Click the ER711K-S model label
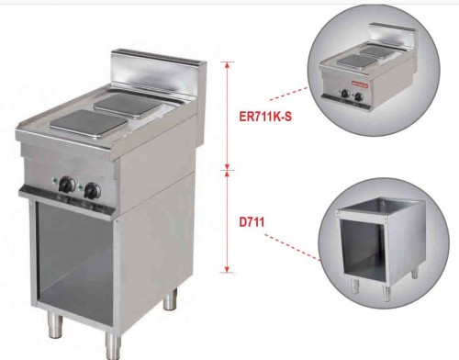(x=265, y=117)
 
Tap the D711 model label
(x=252, y=222)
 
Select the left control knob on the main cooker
(x=67, y=185)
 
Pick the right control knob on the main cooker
(x=93, y=191)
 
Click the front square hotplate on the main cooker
(x=89, y=124)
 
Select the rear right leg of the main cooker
(x=170, y=298)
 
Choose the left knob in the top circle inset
(x=345, y=94)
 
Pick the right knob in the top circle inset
(x=359, y=97)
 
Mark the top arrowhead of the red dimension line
(x=227, y=65)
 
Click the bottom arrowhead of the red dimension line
(x=227, y=269)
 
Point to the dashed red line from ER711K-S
(x=288, y=94)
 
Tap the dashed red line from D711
(x=293, y=248)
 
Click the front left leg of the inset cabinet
(x=355, y=286)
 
